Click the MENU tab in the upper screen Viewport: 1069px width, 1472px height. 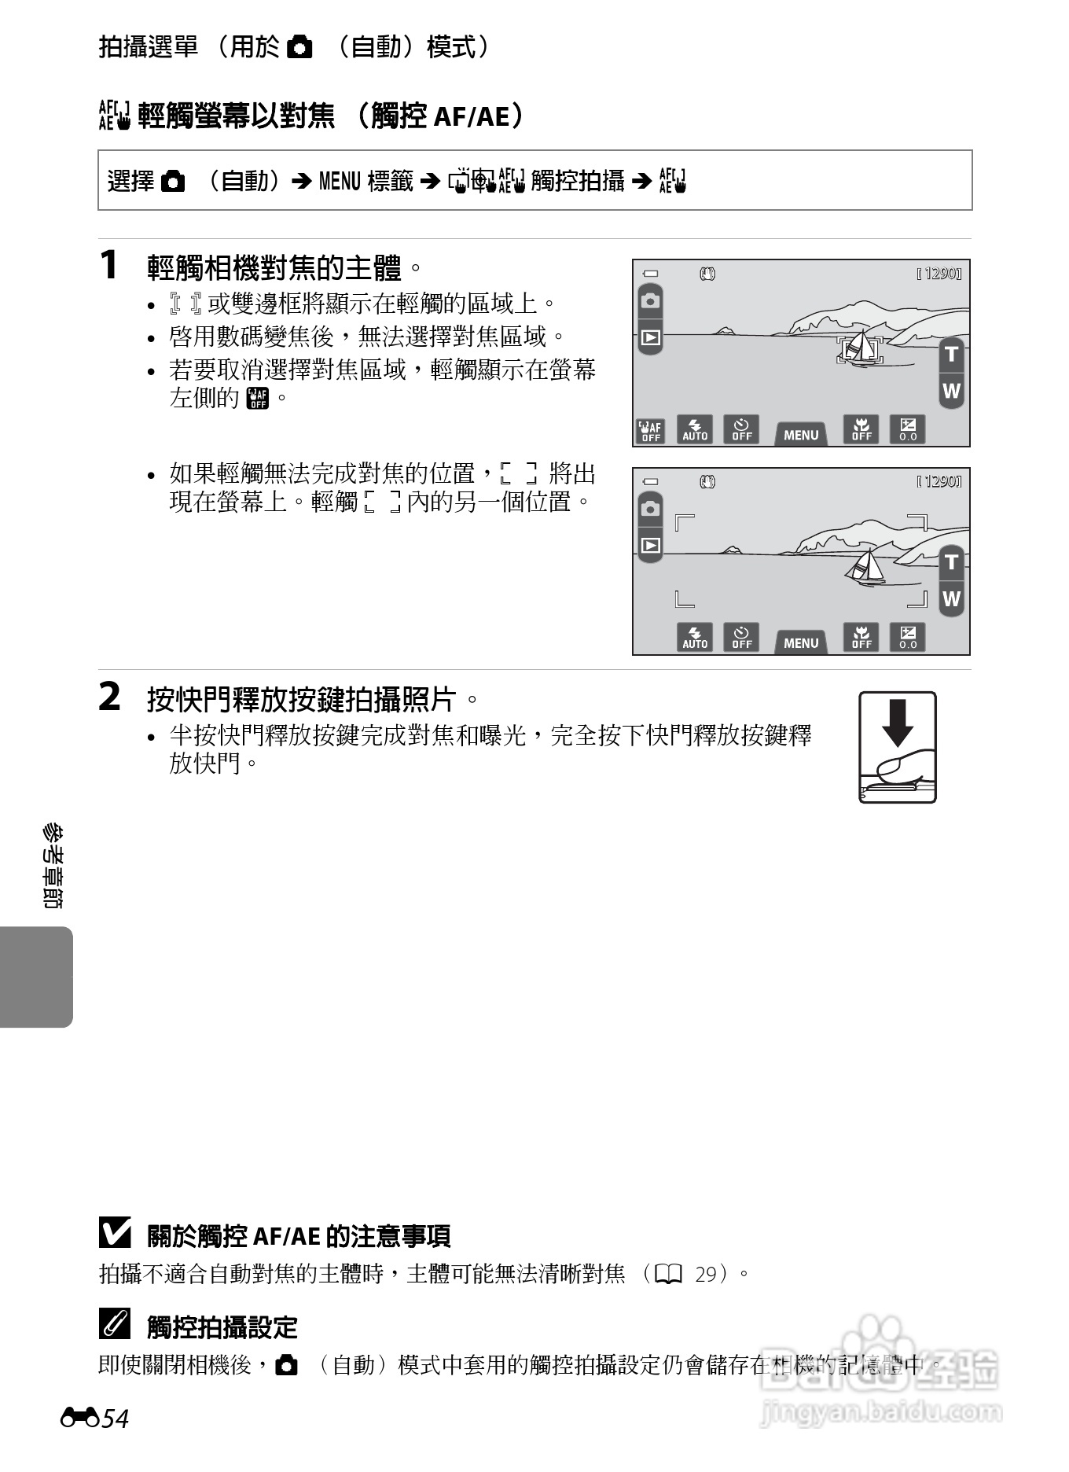click(801, 434)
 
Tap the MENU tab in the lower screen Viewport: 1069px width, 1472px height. click(801, 642)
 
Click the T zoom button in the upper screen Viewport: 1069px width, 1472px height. click(951, 354)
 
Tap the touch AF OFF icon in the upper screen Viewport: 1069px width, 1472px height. click(650, 430)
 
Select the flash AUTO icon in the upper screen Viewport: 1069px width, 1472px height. click(695, 429)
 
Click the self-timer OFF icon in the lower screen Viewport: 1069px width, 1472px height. click(741, 637)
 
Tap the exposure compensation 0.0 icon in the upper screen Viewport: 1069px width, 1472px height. click(908, 429)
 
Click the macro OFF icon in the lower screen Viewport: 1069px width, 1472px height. click(861, 637)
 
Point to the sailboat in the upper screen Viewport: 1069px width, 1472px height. click(861, 347)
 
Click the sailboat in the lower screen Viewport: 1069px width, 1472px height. click(866, 566)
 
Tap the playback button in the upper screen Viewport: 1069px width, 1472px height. click(650, 337)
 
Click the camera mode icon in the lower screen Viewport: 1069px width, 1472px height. click(650, 509)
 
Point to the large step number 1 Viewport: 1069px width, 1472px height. click(109, 264)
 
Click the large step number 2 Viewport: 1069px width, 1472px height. click(109, 697)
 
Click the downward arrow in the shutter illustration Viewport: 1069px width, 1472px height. click(897, 722)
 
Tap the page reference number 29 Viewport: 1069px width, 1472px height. click(706, 1273)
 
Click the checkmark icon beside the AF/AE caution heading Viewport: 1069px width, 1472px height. click(115, 1233)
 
